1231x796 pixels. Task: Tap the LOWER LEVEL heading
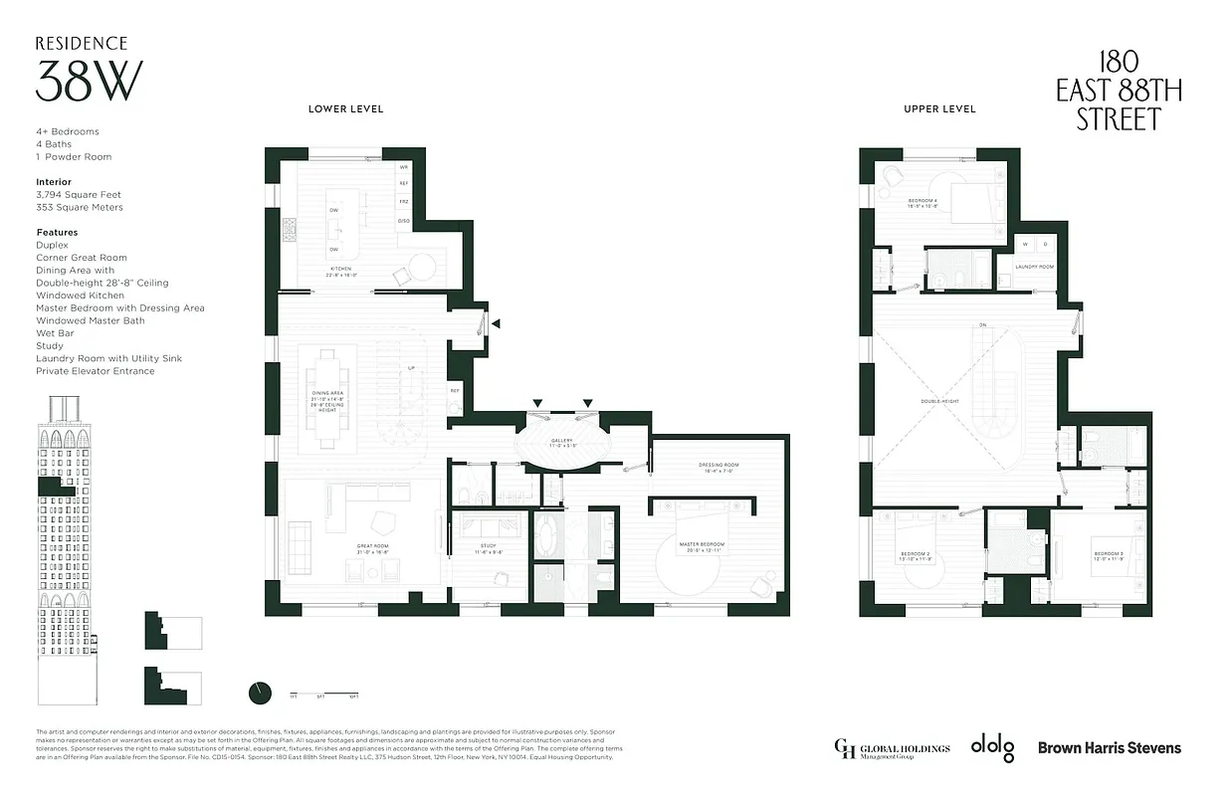coord(345,108)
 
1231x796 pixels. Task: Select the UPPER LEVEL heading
coord(939,108)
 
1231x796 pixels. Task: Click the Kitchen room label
coord(341,271)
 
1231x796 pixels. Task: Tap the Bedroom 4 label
coord(923,203)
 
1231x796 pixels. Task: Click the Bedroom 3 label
coord(1108,555)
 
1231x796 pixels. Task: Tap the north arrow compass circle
coord(260,692)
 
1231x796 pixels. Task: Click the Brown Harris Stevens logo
coord(1110,747)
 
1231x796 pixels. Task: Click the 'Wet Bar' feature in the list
coord(54,333)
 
